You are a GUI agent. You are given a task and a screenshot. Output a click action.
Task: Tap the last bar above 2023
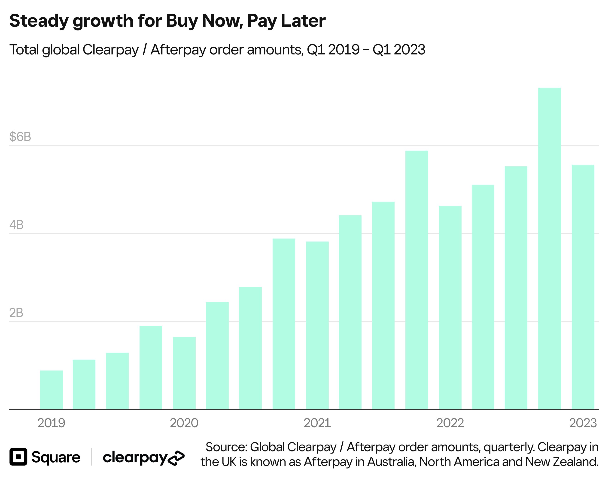click(x=583, y=287)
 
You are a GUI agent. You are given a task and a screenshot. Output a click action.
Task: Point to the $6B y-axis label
click(x=20, y=137)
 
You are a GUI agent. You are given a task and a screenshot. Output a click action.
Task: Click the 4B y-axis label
click(x=16, y=225)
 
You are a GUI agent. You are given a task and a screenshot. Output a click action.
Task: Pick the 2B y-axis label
click(x=16, y=313)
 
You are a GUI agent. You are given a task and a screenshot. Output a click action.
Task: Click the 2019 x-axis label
click(x=51, y=423)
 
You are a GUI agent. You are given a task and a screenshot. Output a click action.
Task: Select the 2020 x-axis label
click(x=184, y=423)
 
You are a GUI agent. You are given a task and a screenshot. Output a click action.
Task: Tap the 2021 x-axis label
click(x=317, y=423)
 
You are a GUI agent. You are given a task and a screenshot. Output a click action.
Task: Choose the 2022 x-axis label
click(x=450, y=423)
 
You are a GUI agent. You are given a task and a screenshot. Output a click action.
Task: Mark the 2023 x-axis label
click(x=583, y=423)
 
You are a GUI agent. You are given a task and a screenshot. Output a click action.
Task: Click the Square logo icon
click(x=18, y=457)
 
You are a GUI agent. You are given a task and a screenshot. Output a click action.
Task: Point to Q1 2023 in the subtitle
click(x=399, y=50)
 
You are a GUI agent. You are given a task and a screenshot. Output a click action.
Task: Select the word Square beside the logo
click(x=56, y=457)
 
